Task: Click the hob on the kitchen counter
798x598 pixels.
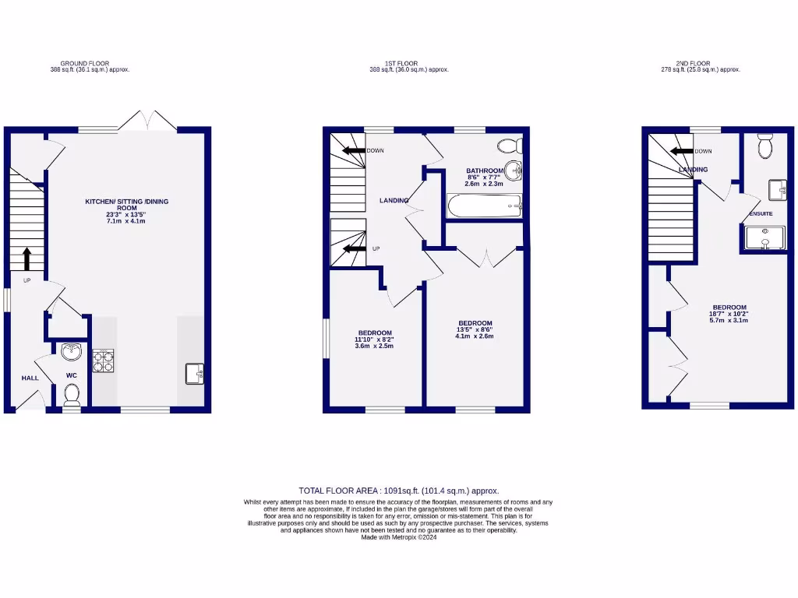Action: [103, 361]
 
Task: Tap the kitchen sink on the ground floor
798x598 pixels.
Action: [195, 374]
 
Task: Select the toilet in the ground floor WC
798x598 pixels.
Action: [72, 395]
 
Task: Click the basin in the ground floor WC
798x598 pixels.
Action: [72, 353]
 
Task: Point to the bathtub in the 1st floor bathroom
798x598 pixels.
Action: [483, 206]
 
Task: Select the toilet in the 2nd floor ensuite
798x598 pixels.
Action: [764, 146]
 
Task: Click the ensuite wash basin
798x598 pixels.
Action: [776, 189]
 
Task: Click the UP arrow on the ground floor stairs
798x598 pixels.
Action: [27, 259]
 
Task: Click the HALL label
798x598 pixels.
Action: [30, 378]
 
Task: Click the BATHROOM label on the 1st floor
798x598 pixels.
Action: [485, 171]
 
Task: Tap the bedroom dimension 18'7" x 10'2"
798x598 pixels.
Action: [729, 314]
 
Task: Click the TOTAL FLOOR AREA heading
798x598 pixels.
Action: [398, 491]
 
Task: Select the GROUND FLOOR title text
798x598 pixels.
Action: [84, 63]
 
